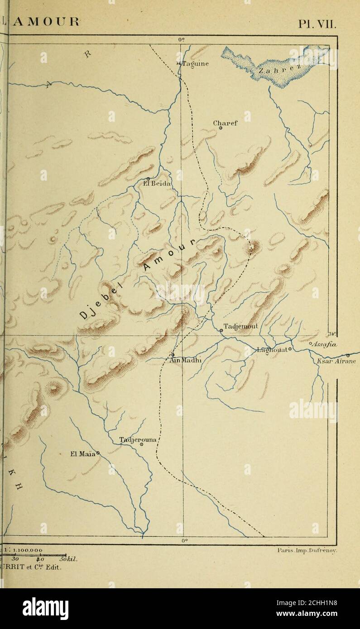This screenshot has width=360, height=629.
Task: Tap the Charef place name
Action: coord(225,122)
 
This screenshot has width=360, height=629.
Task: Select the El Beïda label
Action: coord(156,184)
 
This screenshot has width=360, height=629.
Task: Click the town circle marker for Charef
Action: coord(221,128)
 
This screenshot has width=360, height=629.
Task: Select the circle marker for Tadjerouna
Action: coord(141,445)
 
